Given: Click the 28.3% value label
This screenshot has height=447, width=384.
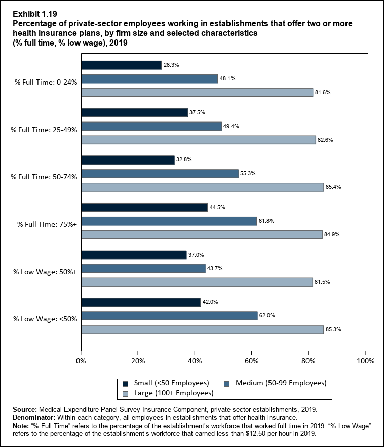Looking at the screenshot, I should [171, 65].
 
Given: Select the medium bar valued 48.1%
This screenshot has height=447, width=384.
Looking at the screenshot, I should [149, 79].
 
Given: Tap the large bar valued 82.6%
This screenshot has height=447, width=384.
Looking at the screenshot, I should [198, 140].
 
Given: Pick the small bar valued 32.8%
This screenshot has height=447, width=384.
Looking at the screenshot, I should [128, 160].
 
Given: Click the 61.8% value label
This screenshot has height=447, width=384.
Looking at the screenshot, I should [267, 221].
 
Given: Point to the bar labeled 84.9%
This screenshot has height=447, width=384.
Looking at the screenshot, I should [202, 234].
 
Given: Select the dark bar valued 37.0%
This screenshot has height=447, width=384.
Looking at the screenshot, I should [134, 255].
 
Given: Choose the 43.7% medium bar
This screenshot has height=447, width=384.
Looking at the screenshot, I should [143, 268].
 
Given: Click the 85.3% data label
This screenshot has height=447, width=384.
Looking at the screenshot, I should [333, 330].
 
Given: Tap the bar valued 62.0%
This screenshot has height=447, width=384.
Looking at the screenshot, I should [169, 316].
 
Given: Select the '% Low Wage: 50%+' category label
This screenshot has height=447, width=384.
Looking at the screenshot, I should [45, 271].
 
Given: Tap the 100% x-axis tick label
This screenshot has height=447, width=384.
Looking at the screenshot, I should [365, 361].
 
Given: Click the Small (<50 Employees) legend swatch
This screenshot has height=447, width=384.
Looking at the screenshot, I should [125, 383].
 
